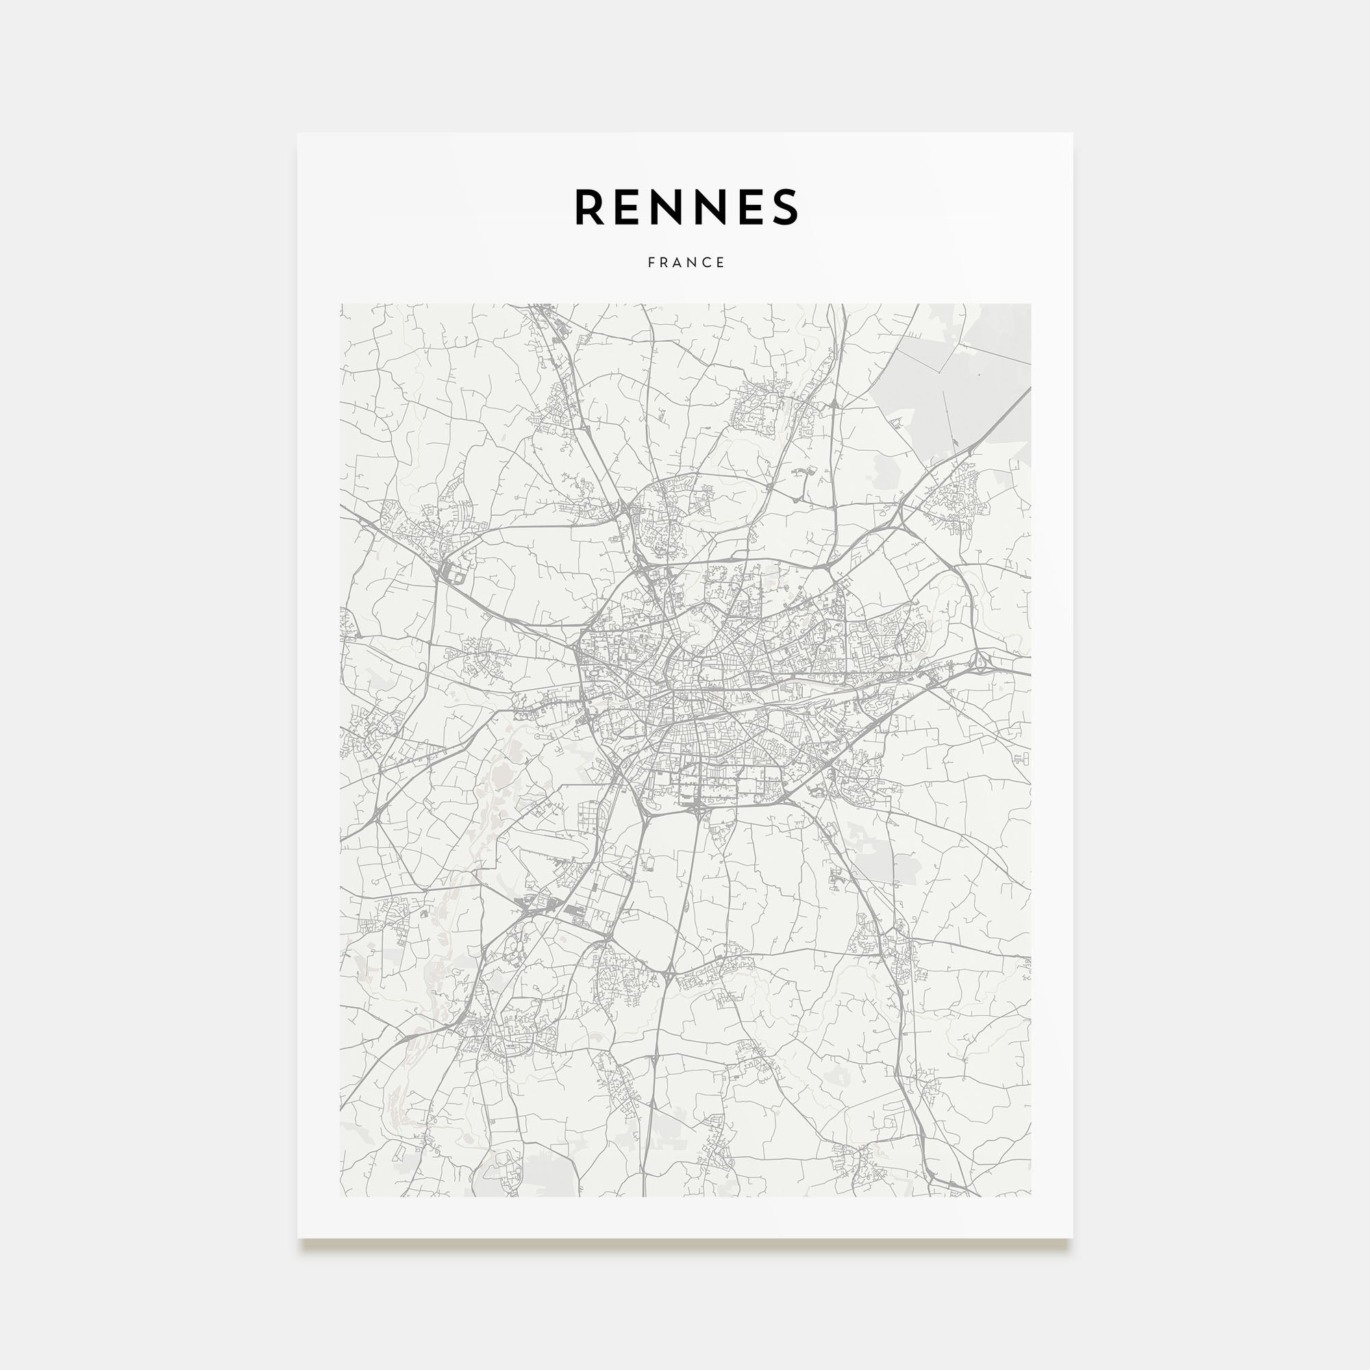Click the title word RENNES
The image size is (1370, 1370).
[686, 207]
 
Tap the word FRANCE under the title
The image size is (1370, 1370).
[686, 262]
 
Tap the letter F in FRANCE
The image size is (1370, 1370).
[651, 262]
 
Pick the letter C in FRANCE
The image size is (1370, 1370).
[708, 262]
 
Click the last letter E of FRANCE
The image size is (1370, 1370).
[721, 262]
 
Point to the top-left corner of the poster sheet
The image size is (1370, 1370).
[298, 134]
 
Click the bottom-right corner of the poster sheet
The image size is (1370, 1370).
[1072, 1238]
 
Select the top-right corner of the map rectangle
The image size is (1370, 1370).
[1030, 304]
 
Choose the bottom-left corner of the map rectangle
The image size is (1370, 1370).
[340, 1197]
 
